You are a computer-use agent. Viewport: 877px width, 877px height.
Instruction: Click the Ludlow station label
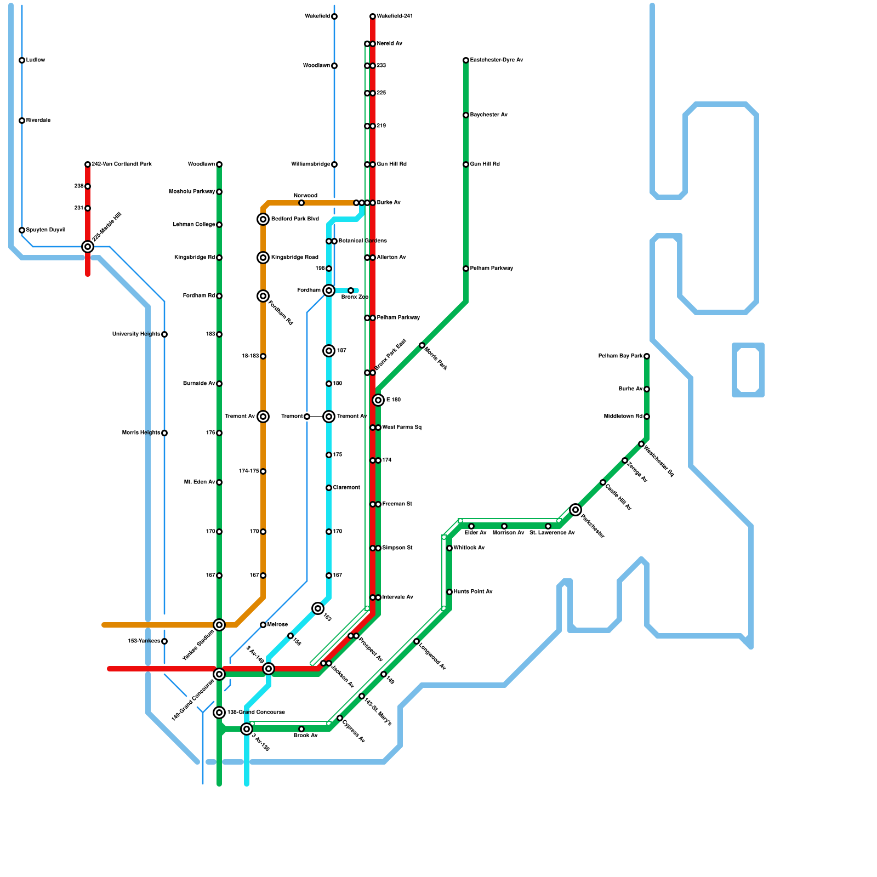coord(36,60)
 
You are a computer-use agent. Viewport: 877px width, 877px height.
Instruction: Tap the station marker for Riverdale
coord(22,121)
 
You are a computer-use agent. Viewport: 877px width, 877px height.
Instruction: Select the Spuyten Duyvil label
coord(45,230)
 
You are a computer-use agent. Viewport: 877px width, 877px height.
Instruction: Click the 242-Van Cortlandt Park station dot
coord(88,164)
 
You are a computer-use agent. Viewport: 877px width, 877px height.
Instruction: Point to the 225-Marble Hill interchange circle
coord(88,247)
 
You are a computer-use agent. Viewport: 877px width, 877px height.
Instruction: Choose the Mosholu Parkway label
coord(192,192)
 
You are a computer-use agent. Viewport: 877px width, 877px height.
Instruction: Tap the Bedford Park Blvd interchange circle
coord(263,219)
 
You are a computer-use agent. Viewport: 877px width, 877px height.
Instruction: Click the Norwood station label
coord(305,196)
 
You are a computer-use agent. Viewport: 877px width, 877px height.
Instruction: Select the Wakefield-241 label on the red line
coord(395,16)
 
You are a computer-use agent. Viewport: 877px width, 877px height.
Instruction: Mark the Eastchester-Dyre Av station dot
coord(466,60)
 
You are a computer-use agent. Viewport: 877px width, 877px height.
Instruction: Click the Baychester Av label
coord(489,115)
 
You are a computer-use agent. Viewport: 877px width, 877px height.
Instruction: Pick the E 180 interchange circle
coord(378,400)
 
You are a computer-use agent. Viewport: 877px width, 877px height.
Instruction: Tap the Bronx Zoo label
coord(355,297)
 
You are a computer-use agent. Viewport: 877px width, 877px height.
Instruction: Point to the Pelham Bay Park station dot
coord(647,356)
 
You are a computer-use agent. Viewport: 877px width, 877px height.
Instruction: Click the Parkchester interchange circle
coord(576,510)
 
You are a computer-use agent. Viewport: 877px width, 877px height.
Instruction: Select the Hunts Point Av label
coord(473,592)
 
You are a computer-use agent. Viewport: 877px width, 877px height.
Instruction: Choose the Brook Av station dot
coord(301,729)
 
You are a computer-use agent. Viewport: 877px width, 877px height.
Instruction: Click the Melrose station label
coord(277,625)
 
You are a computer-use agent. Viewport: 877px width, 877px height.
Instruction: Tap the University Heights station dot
coord(164,334)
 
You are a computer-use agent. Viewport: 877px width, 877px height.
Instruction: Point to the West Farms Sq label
coord(402,428)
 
